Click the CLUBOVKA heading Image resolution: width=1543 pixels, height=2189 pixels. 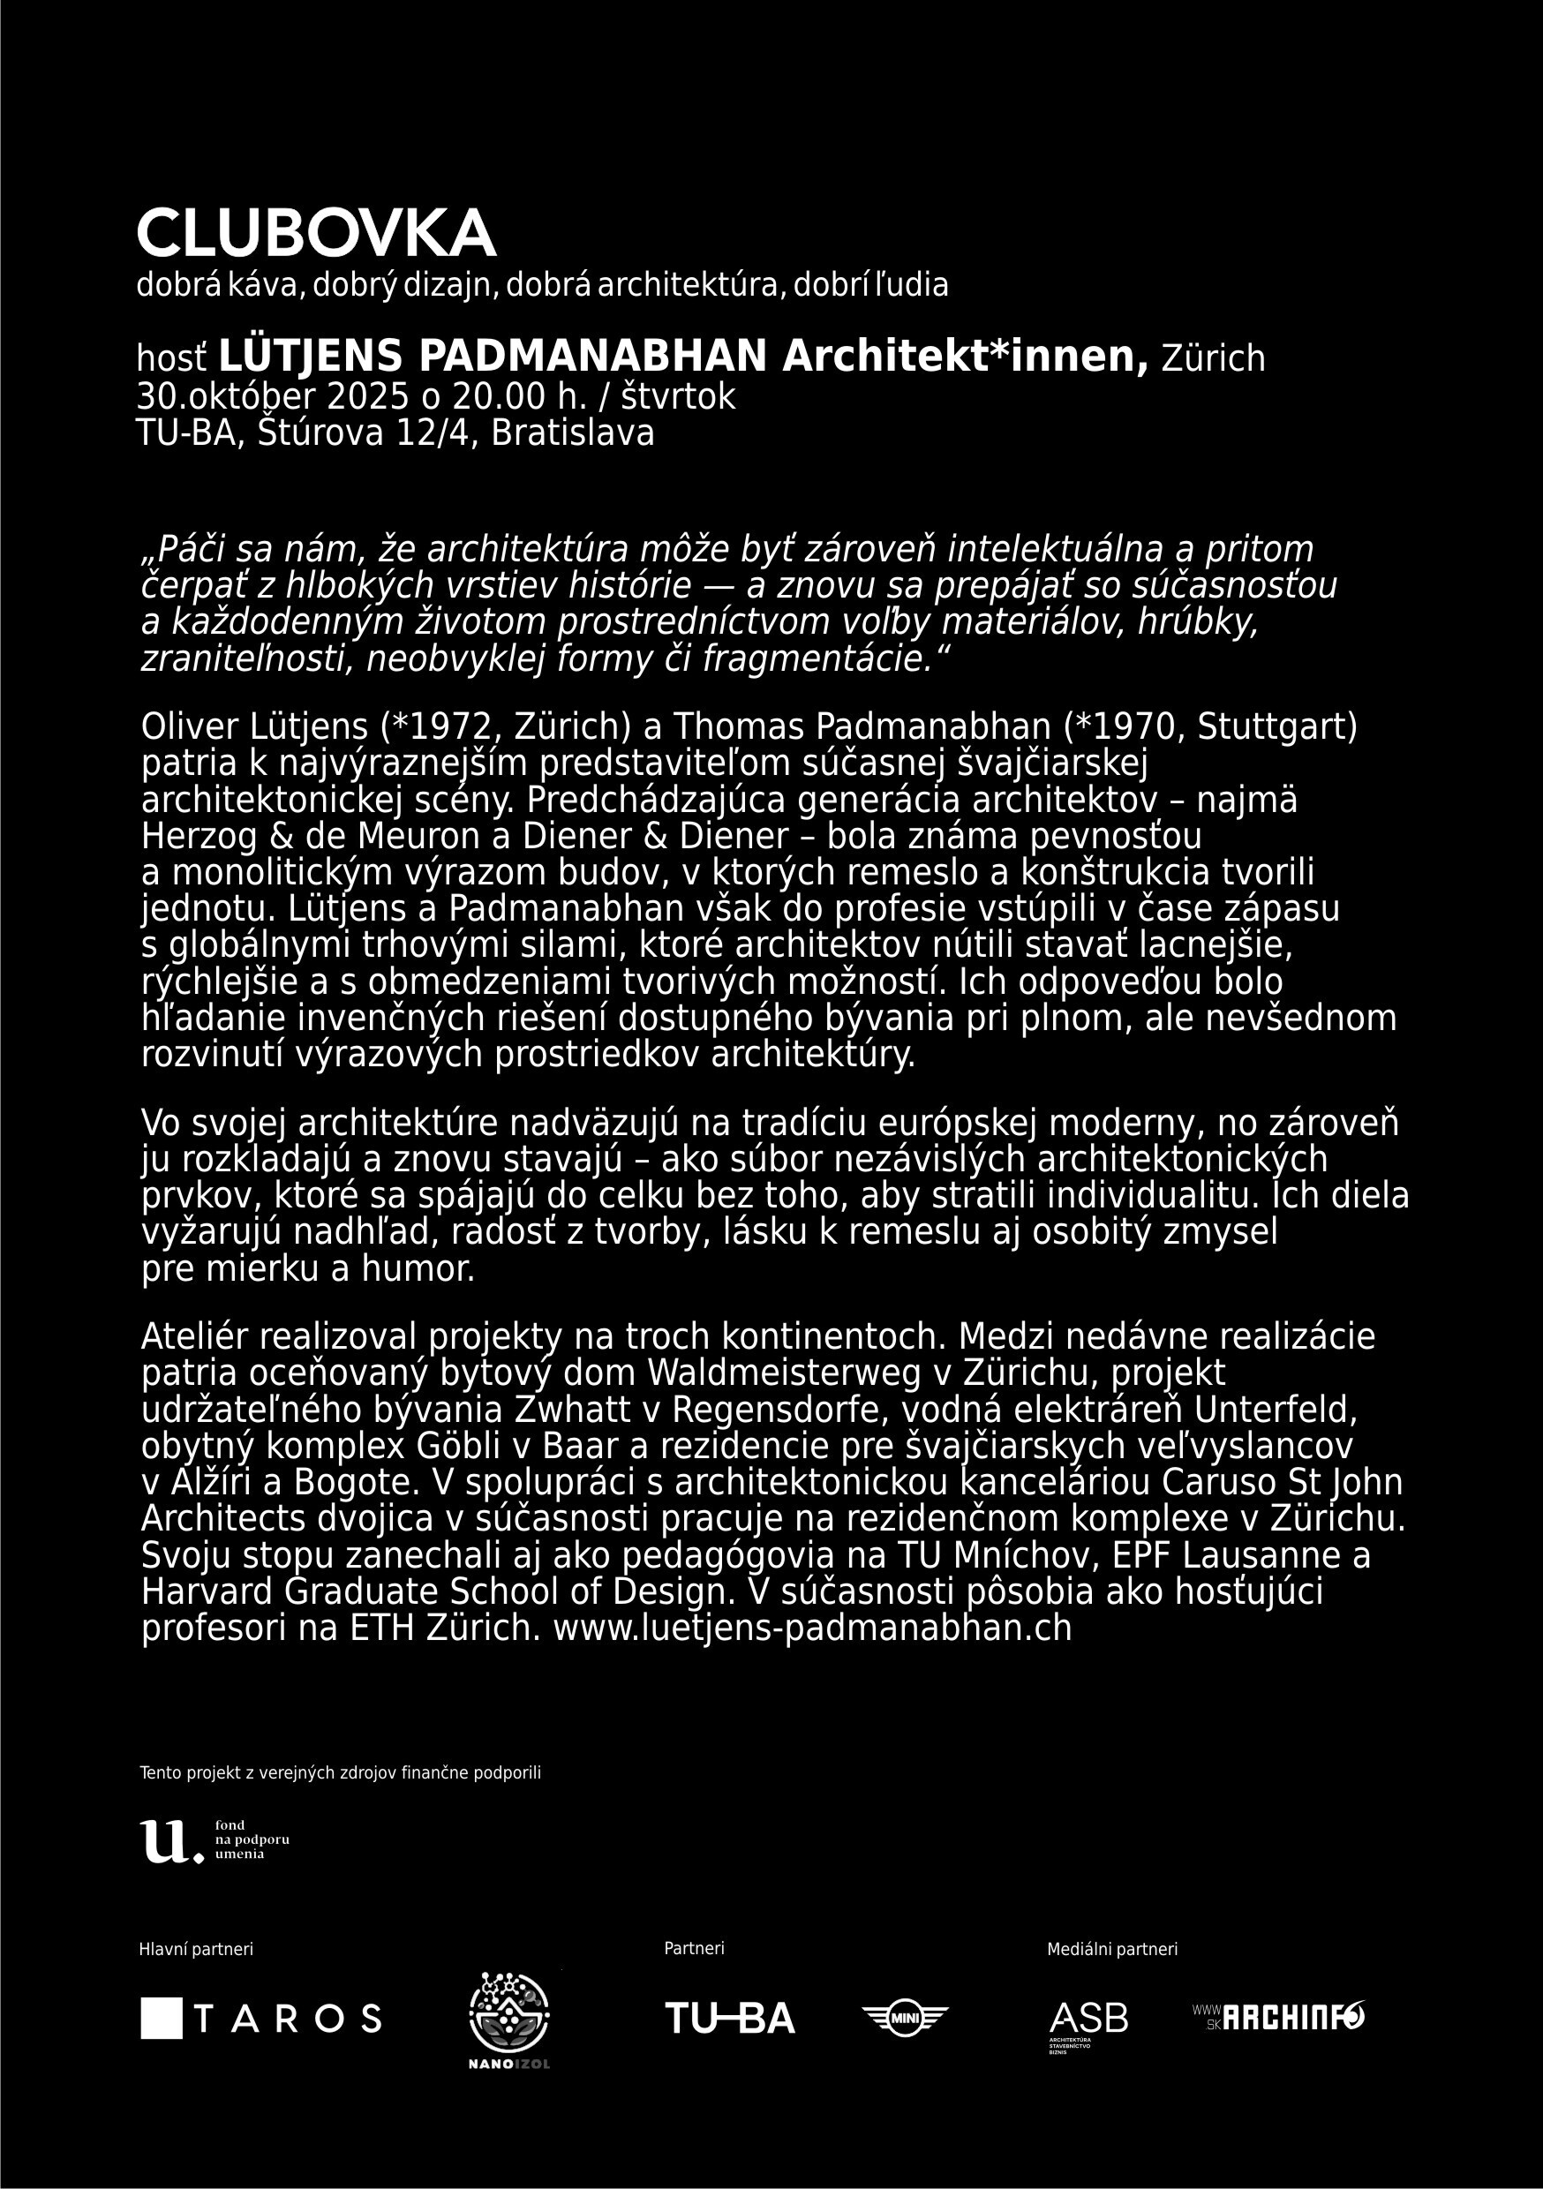click(x=316, y=234)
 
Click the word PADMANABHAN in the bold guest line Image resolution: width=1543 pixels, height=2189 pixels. click(x=592, y=357)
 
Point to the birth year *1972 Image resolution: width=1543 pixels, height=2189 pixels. click(x=440, y=726)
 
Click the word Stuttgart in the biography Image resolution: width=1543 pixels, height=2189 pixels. click(x=1276, y=726)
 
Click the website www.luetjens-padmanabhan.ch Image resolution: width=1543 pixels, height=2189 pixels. click(x=811, y=1628)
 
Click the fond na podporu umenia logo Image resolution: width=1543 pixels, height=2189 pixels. click(x=215, y=1839)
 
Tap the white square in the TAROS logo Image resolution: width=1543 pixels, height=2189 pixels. click(x=162, y=2019)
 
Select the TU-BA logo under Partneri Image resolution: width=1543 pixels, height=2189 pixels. click(x=729, y=2019)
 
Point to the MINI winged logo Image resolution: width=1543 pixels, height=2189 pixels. click(x=904, y=2019)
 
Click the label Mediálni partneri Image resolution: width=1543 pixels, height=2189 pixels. click(x=1112, y=1950)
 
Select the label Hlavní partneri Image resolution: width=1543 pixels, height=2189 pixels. click(x=197, y=1950)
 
